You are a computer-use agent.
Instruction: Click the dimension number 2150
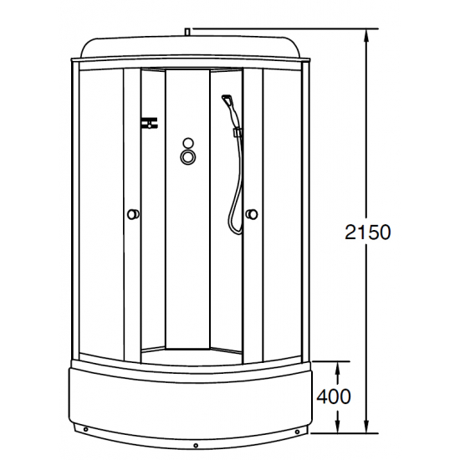tap(366, 232)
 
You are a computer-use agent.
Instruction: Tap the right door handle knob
tap(251, 215)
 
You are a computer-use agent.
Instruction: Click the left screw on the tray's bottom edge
tap(84, 432)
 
